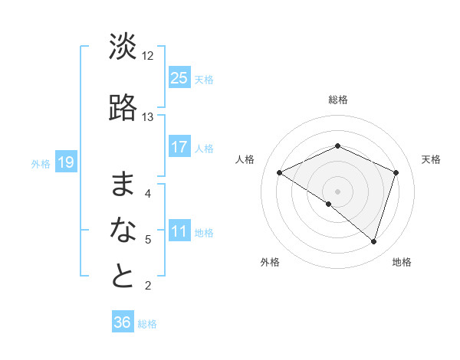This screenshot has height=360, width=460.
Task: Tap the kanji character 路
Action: coord(123,109)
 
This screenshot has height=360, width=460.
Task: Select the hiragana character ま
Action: coord(123,184)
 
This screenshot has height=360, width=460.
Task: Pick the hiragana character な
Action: coord(123,230)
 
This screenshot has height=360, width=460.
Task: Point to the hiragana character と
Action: coord(123,277)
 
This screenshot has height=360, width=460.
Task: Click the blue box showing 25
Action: coord(179,77)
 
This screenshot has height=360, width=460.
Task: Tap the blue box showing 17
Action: coord(179,147)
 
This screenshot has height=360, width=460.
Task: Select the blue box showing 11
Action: coord(179,231)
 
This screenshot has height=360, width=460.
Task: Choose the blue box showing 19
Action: coord(65,162)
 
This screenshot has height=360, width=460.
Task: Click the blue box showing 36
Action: coord(123,322)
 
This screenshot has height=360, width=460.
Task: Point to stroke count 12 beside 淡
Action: coord(148,55)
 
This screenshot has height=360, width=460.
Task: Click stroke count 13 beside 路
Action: coord(148,117)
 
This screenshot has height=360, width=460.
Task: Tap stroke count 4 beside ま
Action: coord(148,193)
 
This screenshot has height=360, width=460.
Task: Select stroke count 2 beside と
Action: coord(148,286)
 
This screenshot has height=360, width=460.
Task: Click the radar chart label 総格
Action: coord(337,100)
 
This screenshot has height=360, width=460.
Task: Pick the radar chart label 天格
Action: coord(432,159)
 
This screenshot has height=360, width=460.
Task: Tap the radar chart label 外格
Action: coord(270,263)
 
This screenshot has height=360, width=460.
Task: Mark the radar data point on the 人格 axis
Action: coord(280,173)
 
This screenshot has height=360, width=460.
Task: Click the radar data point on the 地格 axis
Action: coord(373,241)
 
